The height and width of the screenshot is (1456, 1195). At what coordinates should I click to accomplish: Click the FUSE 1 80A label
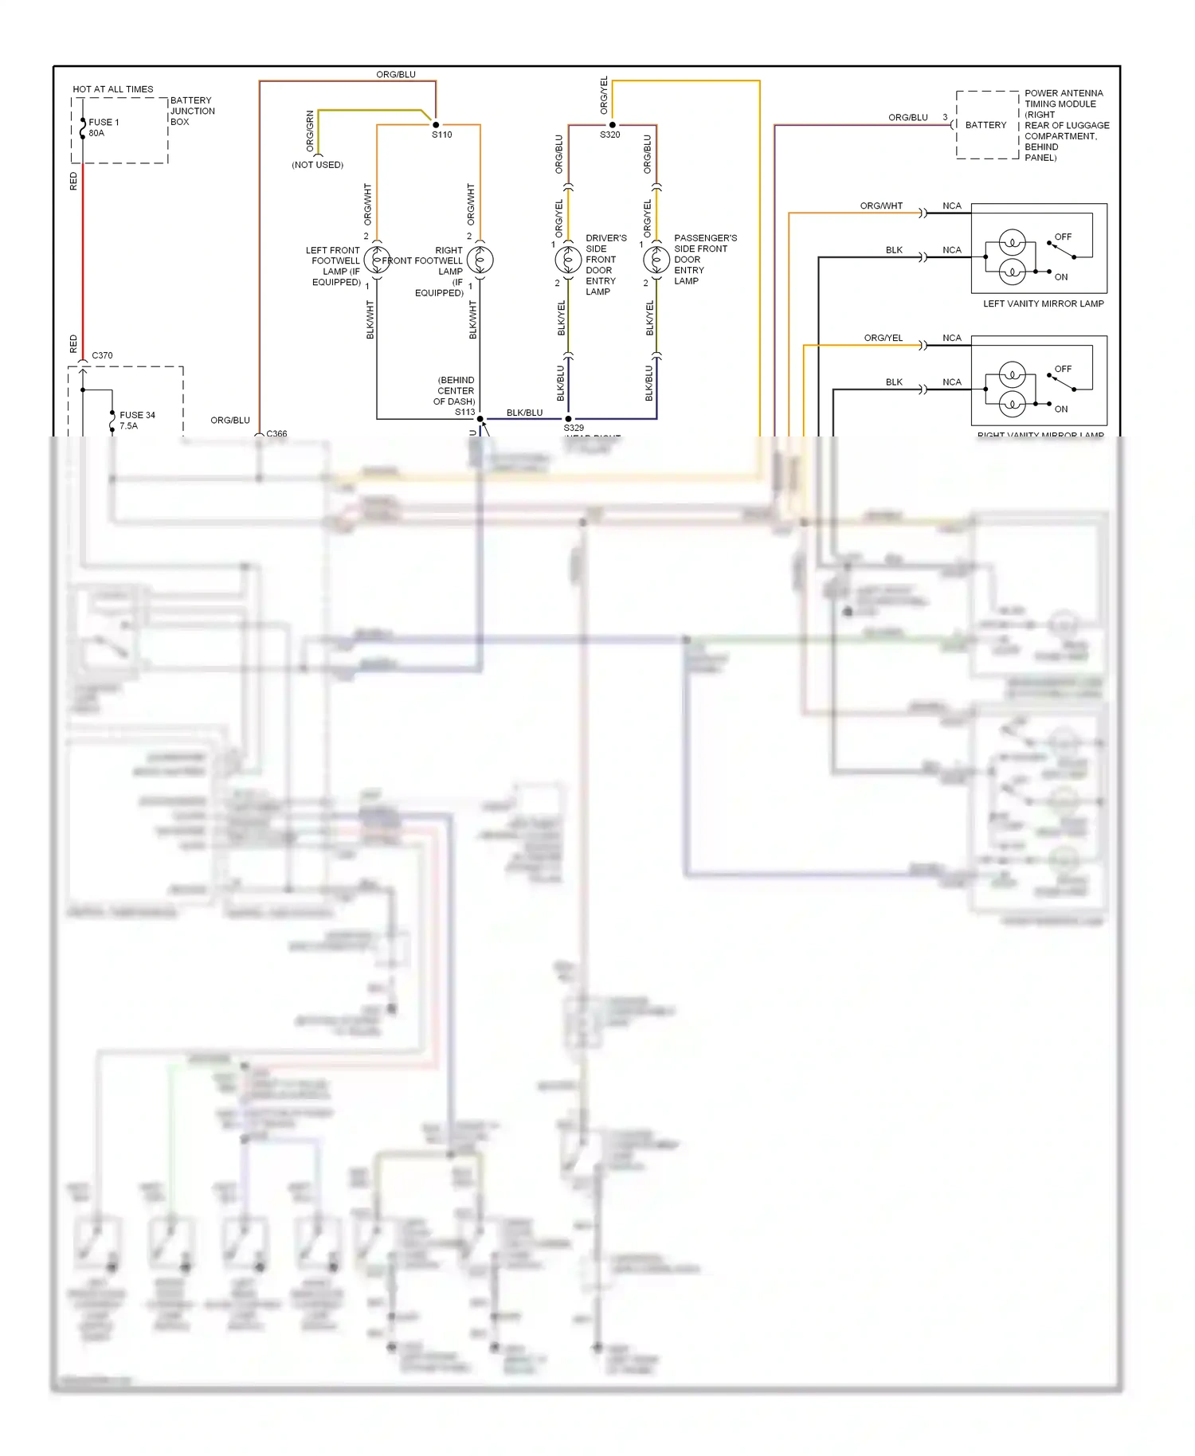tap(103, 127)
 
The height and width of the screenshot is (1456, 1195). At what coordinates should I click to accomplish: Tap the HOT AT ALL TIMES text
tap(112, 89)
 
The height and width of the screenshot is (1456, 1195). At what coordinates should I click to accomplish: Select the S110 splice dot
tap(436, 125)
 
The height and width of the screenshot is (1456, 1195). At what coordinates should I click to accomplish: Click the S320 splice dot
tap(612, 125)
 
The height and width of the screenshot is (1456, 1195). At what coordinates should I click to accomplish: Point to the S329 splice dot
tap(568, 419)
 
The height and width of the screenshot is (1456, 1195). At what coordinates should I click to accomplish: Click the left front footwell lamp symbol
tap(377, 260)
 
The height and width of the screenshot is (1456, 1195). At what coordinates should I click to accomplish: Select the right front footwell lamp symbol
tap(480, 260)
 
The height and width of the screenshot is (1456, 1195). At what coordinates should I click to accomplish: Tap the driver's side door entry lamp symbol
tap(568, 260)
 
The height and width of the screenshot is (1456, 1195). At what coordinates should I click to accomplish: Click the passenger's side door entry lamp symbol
tap(656, 260)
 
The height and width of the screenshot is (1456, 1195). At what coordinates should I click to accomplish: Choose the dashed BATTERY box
tap(986, 125)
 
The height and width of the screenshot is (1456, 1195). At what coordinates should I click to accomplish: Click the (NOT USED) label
tap(317, 165)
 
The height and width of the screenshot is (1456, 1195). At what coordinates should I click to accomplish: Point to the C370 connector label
tap(102, 355)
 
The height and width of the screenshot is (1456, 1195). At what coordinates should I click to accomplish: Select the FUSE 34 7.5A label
tap(136, 421)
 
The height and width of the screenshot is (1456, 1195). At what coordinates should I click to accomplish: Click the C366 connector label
tap(276, 433)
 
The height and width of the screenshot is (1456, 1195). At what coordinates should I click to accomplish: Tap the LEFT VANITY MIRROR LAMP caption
tap(1043, 303)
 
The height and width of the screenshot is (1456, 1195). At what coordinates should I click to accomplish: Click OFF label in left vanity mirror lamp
tap(1063, 237)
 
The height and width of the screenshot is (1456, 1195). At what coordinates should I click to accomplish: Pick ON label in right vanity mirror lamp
tap(1061, 409)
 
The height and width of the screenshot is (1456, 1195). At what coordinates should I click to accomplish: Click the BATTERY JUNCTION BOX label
tap(192, 112)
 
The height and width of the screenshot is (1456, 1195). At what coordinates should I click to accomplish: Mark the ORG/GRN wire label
tap(310, 131)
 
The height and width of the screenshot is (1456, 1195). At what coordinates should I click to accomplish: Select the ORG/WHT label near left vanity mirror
tap(881, 205)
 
